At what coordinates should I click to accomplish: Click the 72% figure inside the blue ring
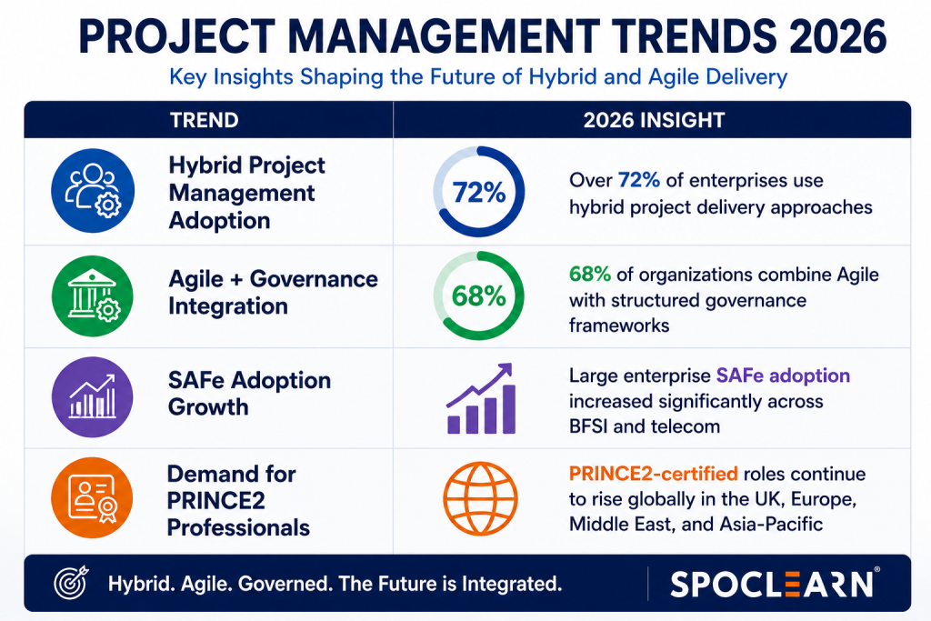(x=478, y=193)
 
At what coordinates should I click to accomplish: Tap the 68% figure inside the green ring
(x=478, y=295)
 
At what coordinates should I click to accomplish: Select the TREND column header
(x=205, y=120)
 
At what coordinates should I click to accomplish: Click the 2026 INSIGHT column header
(x=654, y=120)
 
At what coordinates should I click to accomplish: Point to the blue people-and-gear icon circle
(x=93, y=191)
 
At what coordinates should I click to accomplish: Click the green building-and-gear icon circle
(x=93, y=295)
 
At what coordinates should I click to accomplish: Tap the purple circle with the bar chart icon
(x=93, y=396)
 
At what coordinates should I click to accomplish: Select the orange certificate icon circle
(x=92, y=497)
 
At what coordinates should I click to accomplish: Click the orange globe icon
(x=480, y=498)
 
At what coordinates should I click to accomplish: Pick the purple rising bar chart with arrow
(x=480, y=398)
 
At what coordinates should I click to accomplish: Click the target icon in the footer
(x=71, y=583)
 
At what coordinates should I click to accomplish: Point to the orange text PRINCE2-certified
(x=653, y=474)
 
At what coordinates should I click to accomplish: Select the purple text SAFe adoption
(x=783, y=376)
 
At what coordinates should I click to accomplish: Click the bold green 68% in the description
(x=589, y=275)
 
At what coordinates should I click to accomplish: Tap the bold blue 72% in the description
(x=639, y=180)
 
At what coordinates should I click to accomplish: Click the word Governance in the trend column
(x=314, y=278)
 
